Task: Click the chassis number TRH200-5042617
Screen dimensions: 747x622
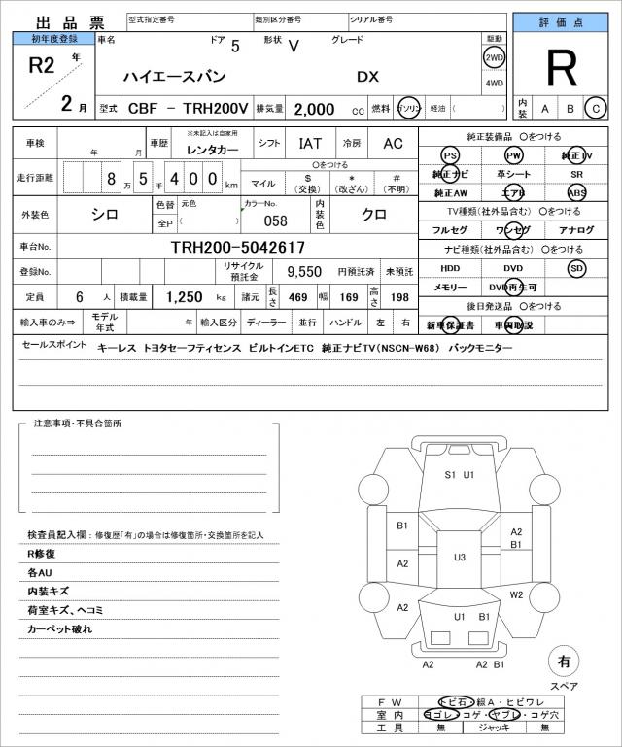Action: click(x=237, y=248)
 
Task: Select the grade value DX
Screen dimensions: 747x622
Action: click(x=367, y=77)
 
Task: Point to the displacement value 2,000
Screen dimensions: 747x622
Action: click(x=314, y=109)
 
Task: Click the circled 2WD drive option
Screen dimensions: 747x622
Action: click(x=494, y=56)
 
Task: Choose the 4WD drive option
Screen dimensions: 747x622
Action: click(x=494, y=83)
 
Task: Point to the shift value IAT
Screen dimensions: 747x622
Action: click(x=310, y=143)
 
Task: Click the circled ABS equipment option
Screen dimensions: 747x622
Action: click(x=577, y=192)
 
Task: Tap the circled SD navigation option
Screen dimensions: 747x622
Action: click(x=577, y=268)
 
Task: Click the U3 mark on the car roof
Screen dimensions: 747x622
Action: click(x=460, y=557)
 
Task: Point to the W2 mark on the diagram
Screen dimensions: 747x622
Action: click(x=517, y=594)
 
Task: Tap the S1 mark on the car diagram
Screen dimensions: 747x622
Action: click(x=450, y=475)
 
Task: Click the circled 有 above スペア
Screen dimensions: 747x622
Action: click(x=563, y=661)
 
